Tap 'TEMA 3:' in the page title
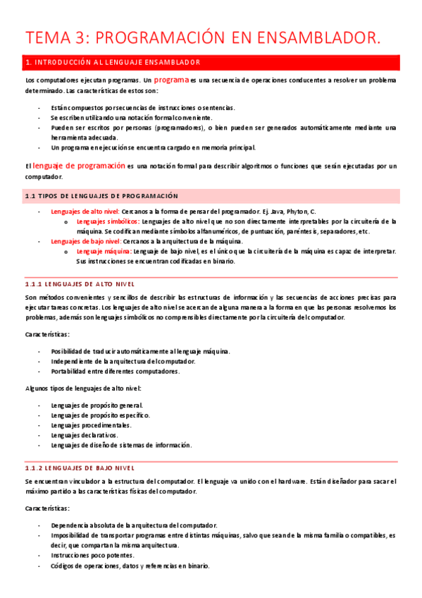pyautogui.click(x=55, y=39)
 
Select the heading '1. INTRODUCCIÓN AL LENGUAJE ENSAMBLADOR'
pyautogui.click(x=113, y=63)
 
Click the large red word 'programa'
pyautogui.click(x=171, y=80)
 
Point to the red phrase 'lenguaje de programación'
pyautogui.click(x=78, y=166)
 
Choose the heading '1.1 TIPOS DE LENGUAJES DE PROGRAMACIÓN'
pyautogui.click(x=101, y=195)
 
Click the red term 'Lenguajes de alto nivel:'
pyautogui.click(x=85, y=212)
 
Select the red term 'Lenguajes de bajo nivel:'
pyautogui.click(x=86, y=241)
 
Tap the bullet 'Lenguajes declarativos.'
pyautogui.click(x=89, y=435)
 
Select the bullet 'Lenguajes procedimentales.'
pyautogui.click(x=92, y=425)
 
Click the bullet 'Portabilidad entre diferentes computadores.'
pyautogui.click(x=115, y=371)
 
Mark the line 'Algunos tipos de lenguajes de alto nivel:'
pyautogui.click(x=83, y=388)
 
